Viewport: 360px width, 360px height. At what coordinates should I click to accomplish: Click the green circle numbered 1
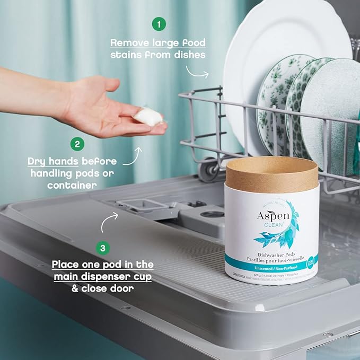[159, 23]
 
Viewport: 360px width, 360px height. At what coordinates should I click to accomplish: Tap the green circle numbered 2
[78, 143]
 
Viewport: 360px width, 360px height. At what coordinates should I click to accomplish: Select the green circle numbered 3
[102, 247]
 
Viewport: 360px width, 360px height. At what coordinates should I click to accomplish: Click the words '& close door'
[102, 288]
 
